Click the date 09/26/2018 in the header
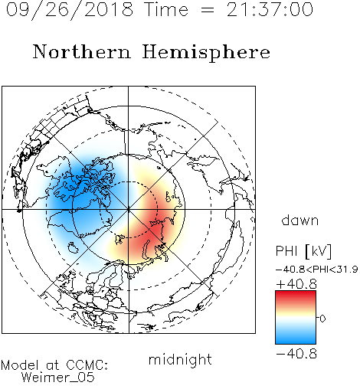pos(70,10)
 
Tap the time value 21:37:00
pos(270,9)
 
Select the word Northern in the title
pos(82,51)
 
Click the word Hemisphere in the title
pos(206,53)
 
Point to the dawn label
pos(300,220)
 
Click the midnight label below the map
pos(180,359)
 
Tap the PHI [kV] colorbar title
pos(303,251)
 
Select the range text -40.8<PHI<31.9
pos(317,270)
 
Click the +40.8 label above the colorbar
pos(296,284)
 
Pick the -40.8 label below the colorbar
pos(296,354)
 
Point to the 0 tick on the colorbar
pos(322,319)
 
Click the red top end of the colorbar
pos(296,293)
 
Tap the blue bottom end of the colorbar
pos(296,342)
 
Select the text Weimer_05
pos(58,378)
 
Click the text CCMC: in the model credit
pos(87,365)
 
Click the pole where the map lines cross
pos(129,209)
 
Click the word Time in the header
pos(166,9)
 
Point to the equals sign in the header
pos(208,10)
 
